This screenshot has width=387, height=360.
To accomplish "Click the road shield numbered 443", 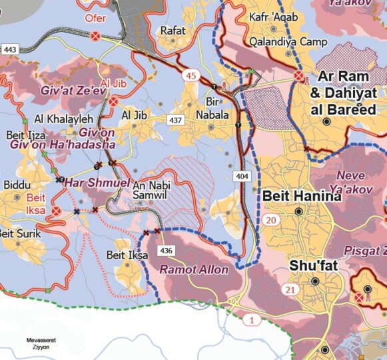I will point(10,50).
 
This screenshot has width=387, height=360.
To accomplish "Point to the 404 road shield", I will point(242,175).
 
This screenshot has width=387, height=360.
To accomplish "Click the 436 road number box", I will point(166,251).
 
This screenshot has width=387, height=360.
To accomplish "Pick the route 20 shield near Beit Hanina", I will point(270,221).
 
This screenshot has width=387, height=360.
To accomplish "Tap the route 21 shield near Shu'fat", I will point(290,289).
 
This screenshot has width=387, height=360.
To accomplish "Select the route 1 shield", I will point(252,321).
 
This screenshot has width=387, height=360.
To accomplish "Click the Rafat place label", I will point(173,30).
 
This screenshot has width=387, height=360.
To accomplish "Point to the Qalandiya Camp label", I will point(288,42).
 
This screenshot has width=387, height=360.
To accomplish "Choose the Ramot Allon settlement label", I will point(193,270).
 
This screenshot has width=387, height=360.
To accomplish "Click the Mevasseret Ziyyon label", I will point(41,343).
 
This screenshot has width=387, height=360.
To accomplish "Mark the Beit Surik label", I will point(19,234).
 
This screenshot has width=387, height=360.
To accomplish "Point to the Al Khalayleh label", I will point(63,119).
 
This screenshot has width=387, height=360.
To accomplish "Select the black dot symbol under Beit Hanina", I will point(298,211).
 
